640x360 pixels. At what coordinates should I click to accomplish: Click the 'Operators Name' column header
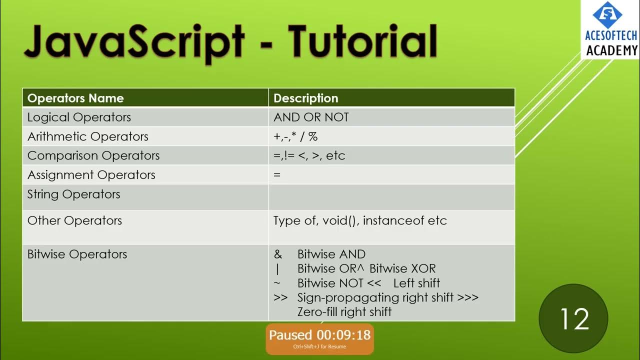[75, 98]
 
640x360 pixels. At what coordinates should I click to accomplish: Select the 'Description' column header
[305, 98]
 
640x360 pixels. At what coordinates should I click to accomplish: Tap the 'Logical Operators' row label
[79, 117]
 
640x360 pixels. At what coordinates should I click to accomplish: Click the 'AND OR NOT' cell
[311, 117]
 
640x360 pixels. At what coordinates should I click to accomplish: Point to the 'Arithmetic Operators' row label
[87, 136]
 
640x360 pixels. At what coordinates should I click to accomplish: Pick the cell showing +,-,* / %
[295, 136]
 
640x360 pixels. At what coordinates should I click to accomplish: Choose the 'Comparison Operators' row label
[93, 155]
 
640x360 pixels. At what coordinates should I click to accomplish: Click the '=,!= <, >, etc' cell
[309, 155]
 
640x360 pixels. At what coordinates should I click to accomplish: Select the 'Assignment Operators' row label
[91, 175]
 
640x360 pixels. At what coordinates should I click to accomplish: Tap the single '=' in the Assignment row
[277, 175]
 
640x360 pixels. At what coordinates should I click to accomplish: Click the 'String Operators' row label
[73, 194]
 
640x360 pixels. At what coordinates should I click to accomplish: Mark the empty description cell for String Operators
[391, 197]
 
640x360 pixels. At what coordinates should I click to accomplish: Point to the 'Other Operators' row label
[74, 220]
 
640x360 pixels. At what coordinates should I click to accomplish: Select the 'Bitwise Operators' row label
[77, 254]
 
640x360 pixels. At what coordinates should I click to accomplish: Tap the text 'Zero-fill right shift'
[344, 312]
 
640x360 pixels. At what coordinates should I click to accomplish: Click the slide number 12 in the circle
[574, 319]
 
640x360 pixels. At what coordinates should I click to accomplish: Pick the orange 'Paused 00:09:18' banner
[319, 338]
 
